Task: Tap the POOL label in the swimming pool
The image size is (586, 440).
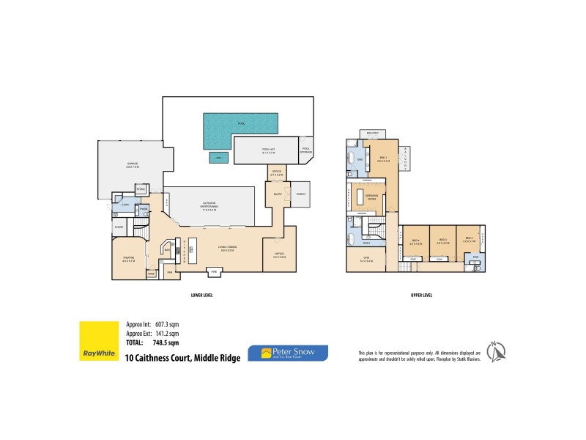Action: (x=241, y=123)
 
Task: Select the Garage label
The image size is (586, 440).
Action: (x=133, y=164)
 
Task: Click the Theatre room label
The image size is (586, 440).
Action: (x=127, y=259)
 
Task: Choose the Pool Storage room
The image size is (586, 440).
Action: (x=305, y=151)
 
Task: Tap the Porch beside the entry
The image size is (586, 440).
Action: (x=300, y=194)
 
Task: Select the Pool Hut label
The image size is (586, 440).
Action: (x=268, y=150)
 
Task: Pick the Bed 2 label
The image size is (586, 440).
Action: (x=470, y=239)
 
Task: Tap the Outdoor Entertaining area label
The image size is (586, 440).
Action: (x=213, y=206)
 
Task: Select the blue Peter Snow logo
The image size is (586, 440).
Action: (x=288, y=353)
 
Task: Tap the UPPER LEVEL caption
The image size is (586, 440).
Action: (x=421, y=295)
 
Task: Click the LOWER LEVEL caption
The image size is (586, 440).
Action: (x=201, y=295)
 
